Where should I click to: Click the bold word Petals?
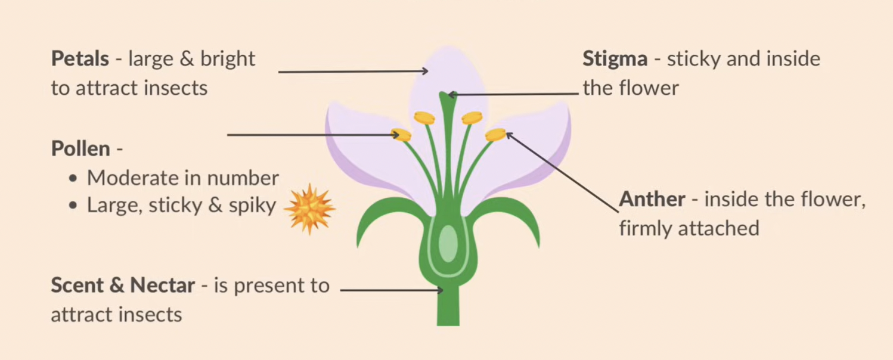(80, 59)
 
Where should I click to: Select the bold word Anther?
(652, 199)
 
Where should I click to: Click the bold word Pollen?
(80, 148)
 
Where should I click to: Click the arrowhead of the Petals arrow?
(425, 71)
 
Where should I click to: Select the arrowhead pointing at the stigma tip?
(452, 94)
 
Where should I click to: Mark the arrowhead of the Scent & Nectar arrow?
(439, 290)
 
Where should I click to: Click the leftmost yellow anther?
(401, 135)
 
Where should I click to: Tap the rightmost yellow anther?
(495, 135)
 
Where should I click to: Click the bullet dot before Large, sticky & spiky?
(73, 206)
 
